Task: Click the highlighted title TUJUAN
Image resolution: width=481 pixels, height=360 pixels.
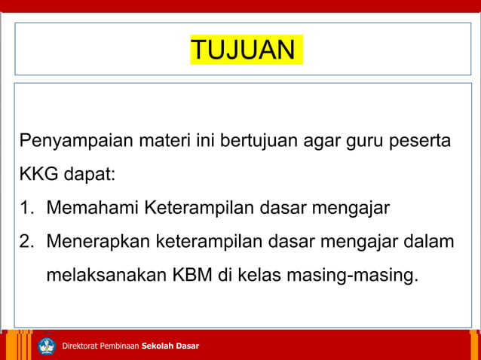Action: [x=244, y=50]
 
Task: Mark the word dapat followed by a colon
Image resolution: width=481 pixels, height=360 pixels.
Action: [x=89, y=175]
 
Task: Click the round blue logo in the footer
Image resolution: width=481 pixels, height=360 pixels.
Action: [x=47, y=346]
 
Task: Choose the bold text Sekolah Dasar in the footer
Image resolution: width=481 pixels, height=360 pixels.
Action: [x=170, y=346]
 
